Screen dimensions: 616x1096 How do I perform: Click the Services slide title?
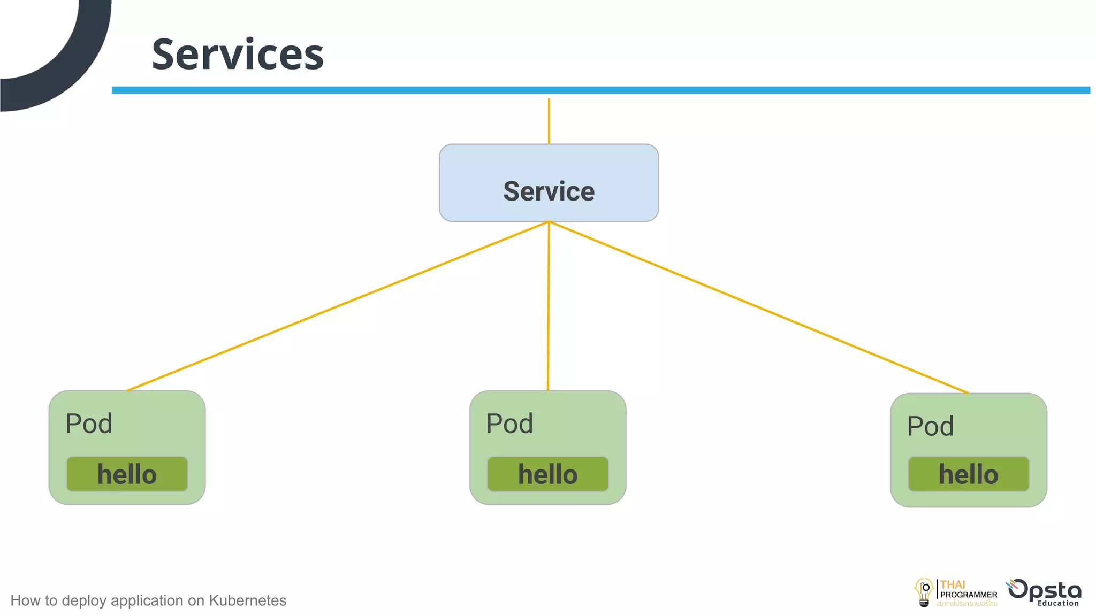click(x=238, y=55)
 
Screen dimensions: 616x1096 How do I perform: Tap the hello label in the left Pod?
click(x=127, y=474)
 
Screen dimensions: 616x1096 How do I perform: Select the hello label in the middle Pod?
click(x=547, y=474)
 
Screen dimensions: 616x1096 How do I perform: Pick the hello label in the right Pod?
click(x=968, y=474)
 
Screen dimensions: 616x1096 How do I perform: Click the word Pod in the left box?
click(x=89, y=424)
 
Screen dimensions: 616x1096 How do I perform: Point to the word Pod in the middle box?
click(x=509, y=424)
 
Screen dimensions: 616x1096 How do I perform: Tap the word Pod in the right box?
click(x=930, y=427)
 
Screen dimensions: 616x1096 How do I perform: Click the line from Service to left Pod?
click(x=337, y=306)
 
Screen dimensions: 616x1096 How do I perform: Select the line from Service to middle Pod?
click(x=548, y=306)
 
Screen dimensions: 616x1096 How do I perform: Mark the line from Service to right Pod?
click(x=759, y=307)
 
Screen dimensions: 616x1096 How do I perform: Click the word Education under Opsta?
click(x=1058, y=603)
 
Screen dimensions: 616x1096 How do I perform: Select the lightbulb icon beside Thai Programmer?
click(x=924, y=592)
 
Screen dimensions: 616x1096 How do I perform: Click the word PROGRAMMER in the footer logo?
click(x=969, y=595)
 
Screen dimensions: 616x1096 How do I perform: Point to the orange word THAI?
click(x=953, y=584)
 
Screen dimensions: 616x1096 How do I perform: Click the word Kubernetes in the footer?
click(x=247, y=600)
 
